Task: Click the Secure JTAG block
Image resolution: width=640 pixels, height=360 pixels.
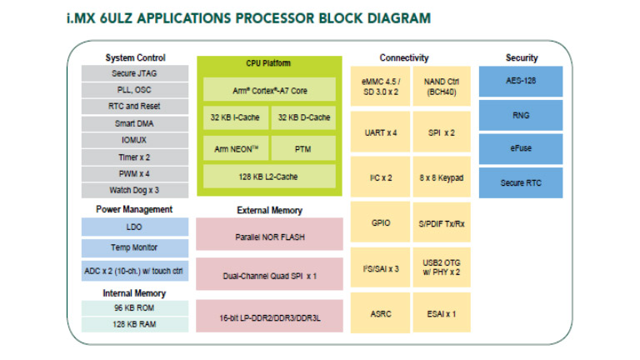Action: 134,73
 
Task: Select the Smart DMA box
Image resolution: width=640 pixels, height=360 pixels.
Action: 134,123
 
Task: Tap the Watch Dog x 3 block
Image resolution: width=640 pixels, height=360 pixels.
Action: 134,190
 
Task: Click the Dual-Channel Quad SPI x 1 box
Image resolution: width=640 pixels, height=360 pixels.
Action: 271,275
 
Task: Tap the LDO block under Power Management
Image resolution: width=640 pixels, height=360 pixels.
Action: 134,227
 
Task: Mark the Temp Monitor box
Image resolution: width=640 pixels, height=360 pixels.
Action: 134,247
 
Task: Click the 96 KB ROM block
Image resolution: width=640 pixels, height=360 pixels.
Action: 134,307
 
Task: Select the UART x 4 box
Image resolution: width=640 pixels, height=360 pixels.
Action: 381,132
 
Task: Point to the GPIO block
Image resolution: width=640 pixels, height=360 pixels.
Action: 381,224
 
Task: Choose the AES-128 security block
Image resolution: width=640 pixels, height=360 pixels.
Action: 521,82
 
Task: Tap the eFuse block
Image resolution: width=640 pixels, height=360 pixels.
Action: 521,148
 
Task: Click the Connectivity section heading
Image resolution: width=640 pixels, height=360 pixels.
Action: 404,57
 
